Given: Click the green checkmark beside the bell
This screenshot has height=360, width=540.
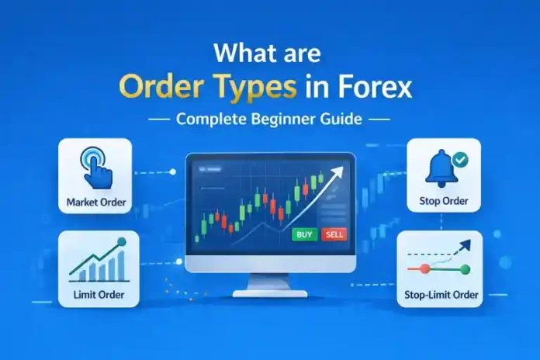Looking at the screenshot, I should (x=459, y=159).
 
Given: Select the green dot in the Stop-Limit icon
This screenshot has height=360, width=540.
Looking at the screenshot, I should (x=465, y=269).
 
